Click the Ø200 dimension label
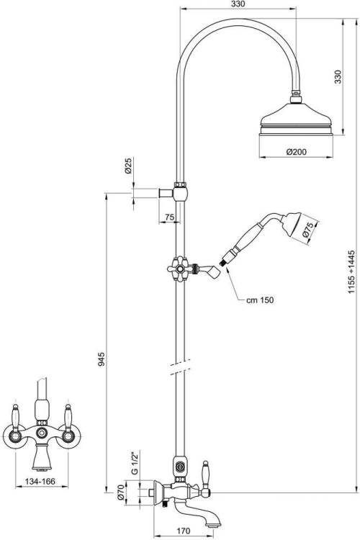coord(296,151)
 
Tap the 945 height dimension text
coord(102,359)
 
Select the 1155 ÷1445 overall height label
coord(351,271)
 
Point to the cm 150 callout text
coord(260,300)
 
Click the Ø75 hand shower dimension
coord(307,230)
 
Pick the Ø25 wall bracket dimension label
coord(128,166)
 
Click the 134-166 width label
coord(40,481)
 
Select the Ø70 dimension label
coord(120,492)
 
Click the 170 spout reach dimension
coord(184,531)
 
